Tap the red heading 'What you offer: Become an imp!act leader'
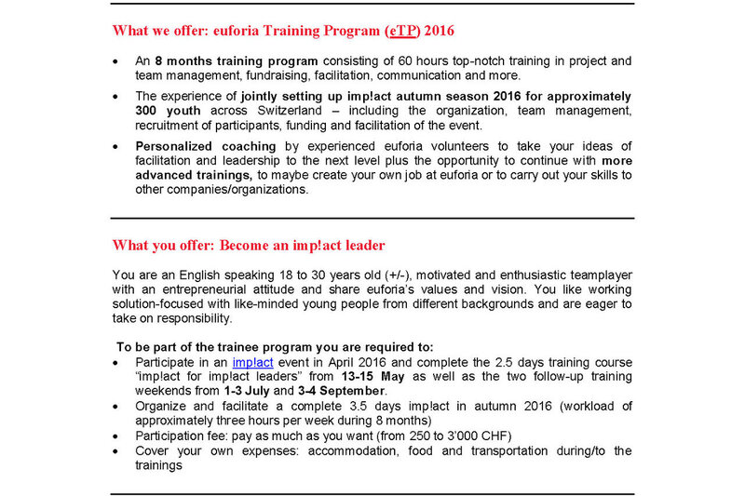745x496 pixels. [249, 246]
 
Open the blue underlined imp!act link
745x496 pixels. [252, 362]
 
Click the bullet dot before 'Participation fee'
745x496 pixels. [115, 435]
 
